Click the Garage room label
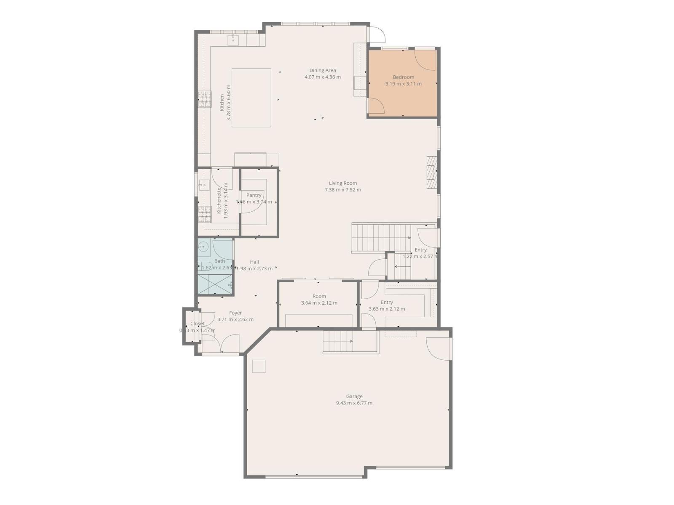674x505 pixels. point(354,396)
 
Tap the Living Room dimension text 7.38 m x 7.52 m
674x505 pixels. point(342,190)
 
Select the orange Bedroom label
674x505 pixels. point(403,77)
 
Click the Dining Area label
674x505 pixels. point(322,71)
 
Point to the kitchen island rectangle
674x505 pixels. point(251,98)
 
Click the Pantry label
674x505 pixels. point(254,195)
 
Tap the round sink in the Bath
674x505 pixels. point(203,247)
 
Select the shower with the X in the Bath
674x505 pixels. point(215,284)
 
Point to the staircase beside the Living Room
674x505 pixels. point(381,238)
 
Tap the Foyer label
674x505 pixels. point(235,313)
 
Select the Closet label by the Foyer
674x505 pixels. point(197,324)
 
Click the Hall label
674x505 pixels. point(254,262)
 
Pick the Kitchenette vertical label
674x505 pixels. point(219,200)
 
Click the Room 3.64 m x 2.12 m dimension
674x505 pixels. point(319,303)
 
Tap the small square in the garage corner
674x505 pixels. point(259,366)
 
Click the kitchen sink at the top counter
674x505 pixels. point(233,40)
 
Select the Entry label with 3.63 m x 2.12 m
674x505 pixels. point(386,309)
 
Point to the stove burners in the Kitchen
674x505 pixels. point(205,100)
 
